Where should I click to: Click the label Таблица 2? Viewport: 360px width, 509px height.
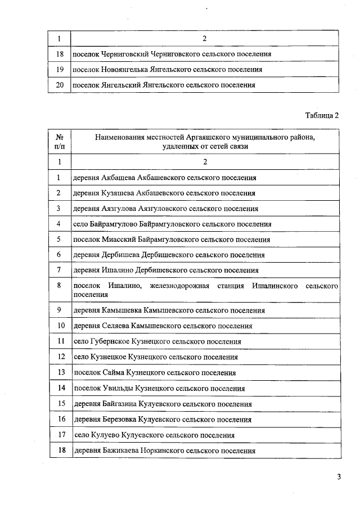pyautogui.click(x=322, y=116)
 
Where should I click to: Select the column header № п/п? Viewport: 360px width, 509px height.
pyautogui.click(x=59, y=141)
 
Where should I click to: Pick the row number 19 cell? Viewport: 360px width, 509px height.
pyautogui.click(x=59, y=70)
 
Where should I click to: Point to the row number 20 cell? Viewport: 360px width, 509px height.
pyautogui.click(x=59, y=85)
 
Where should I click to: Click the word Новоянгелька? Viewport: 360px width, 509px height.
pyautogui.click(x=127, y=70)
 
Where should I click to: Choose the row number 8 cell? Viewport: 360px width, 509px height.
pyautogui.click(x=59, y=286)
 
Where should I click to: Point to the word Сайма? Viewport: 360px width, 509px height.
pyautogui.click(x=112, y=373)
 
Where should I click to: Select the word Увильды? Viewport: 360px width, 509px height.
pyautogui.click(x=117, y=389)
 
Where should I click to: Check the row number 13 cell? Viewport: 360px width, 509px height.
pyautogui.click(x=59, y=373)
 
